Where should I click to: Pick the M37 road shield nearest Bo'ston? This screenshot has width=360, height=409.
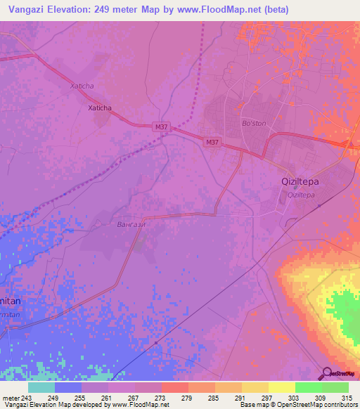tap(212, 143)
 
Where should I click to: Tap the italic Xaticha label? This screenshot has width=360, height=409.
tap(82, 86)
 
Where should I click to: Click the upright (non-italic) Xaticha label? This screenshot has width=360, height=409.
tap(99, 108)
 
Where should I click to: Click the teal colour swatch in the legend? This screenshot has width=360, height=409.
tap(41, 387)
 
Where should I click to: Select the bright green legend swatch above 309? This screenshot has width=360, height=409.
tap(309, 387)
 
